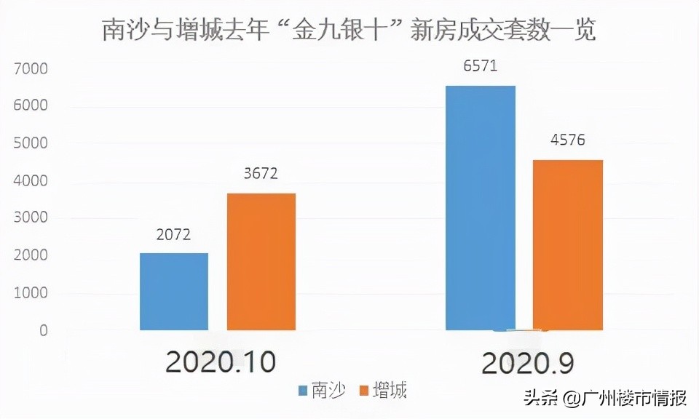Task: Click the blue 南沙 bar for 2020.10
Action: pyautogui.click(x=174, y=292)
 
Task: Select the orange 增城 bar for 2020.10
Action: pyautogui.click(x=261, y=262)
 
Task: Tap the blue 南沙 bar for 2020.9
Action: pyautogui.click(x=481, y=208)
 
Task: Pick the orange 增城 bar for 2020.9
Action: pyautogui.click(x=568, y=245)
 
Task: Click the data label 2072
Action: pyautogui.click(x=173, y=236)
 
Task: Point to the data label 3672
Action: pyautogui.click(x=261, y=175)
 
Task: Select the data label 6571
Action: pyautogui.click(x=480, y=67)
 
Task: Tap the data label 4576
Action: pyautogui.click(x=568, y=140)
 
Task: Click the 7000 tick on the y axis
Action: pyautogui.click(x=30, y=69)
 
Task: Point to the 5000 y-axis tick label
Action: pyautogui.click(x=30, y=144)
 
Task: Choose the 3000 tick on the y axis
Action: pyautogui.click(x=30, y=218)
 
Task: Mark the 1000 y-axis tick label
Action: pyautogui.click(x=30, y=293)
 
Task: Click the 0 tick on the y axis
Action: pyautogui.click(x=44, y=331)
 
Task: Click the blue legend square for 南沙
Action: pyautogui.click(x=302, y=391)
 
